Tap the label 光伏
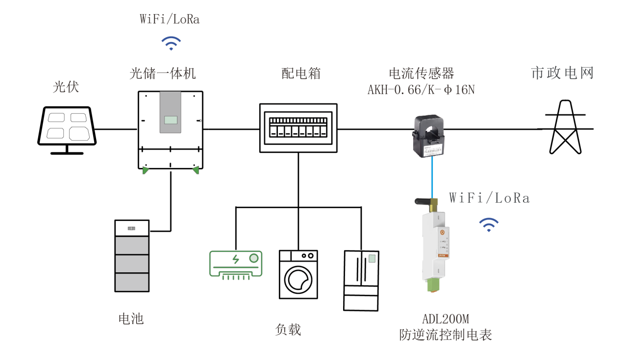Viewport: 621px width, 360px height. tap(66, 87)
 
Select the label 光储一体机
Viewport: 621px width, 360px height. tap(163, 73)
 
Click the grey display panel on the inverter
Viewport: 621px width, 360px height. tap(171, 112)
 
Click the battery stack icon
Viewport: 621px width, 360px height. tap(131, 255)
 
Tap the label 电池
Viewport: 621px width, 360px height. tap(131, 319)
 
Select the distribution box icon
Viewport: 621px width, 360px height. tap(298, 128)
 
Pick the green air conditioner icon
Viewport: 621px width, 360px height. tap(236, 264)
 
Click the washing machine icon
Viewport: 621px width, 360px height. tap(298, 274)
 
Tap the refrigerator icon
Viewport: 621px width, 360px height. tap(361, 280)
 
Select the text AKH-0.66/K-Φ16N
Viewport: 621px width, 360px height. tap(421, 90)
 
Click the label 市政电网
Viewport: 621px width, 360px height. tap(562, 73)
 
